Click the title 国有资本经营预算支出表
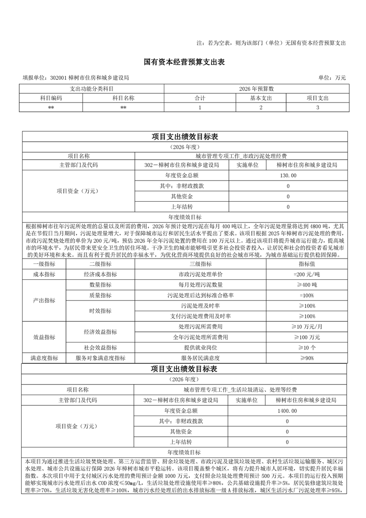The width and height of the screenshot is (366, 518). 183,62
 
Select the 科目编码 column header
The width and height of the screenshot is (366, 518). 51,98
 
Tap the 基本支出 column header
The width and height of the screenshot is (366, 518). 261,98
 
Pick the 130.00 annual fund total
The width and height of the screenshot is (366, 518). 288,176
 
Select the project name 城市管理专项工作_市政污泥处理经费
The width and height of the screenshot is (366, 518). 240,156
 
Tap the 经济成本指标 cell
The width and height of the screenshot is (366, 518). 100,274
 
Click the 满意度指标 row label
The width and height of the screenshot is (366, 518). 44,358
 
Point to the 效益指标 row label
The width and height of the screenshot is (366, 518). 44,337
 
